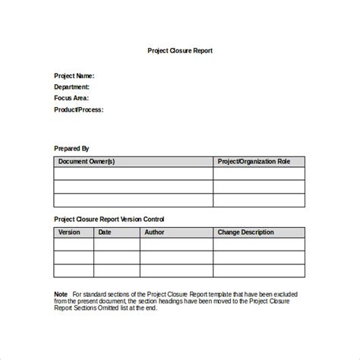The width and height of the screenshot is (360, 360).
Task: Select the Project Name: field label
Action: pyautogui.click(x=74, y=76)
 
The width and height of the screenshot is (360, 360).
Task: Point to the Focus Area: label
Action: pyautogui.click(x=71, y=98)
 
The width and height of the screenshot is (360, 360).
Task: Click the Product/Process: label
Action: pyautogui.click(x=78, y=109)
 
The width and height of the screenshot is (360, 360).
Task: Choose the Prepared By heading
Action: pyautogui.click(x=71, y=148)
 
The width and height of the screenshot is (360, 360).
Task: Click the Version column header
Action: pyautogui.click(x=69, y=232)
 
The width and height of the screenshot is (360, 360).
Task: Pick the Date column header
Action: pyautogui.click(x=105, y=232)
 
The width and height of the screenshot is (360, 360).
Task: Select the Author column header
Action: pyautogui.click(x=153, y=232)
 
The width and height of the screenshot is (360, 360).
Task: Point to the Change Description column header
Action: pyautogui.click(x=247, y=232)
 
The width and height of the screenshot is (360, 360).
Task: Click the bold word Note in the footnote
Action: pyautogui.click(x=61, y=293)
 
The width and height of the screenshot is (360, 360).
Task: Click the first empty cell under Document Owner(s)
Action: pyautogui.click(x=133, y=174)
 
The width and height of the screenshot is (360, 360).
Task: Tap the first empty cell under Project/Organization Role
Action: pyautogui.click(x=258, y=174)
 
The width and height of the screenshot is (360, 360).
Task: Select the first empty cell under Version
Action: pyautogui.click(x=74, y=245)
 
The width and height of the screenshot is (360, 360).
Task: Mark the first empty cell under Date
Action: pyautogui.click(x=117, y=245)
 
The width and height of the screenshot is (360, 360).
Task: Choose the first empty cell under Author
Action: pyautogui.click(x=176, y=245)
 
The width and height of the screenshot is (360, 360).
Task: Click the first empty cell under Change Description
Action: pyautogui.click(x=258, y=245)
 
